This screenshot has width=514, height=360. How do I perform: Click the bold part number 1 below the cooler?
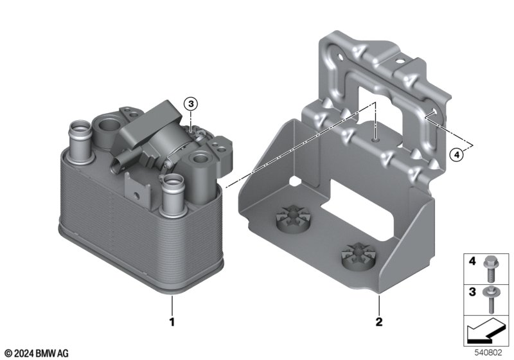[172, 321]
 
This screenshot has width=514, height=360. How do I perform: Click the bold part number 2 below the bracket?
[379, 321]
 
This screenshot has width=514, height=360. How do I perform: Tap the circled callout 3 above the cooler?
[191, 104]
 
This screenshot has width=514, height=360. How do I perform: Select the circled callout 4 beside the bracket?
[456, 154]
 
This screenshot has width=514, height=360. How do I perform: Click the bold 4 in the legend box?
[472, 261]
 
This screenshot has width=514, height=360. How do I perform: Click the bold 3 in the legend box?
[472, 291]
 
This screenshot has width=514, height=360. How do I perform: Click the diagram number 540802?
[488, 352]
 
